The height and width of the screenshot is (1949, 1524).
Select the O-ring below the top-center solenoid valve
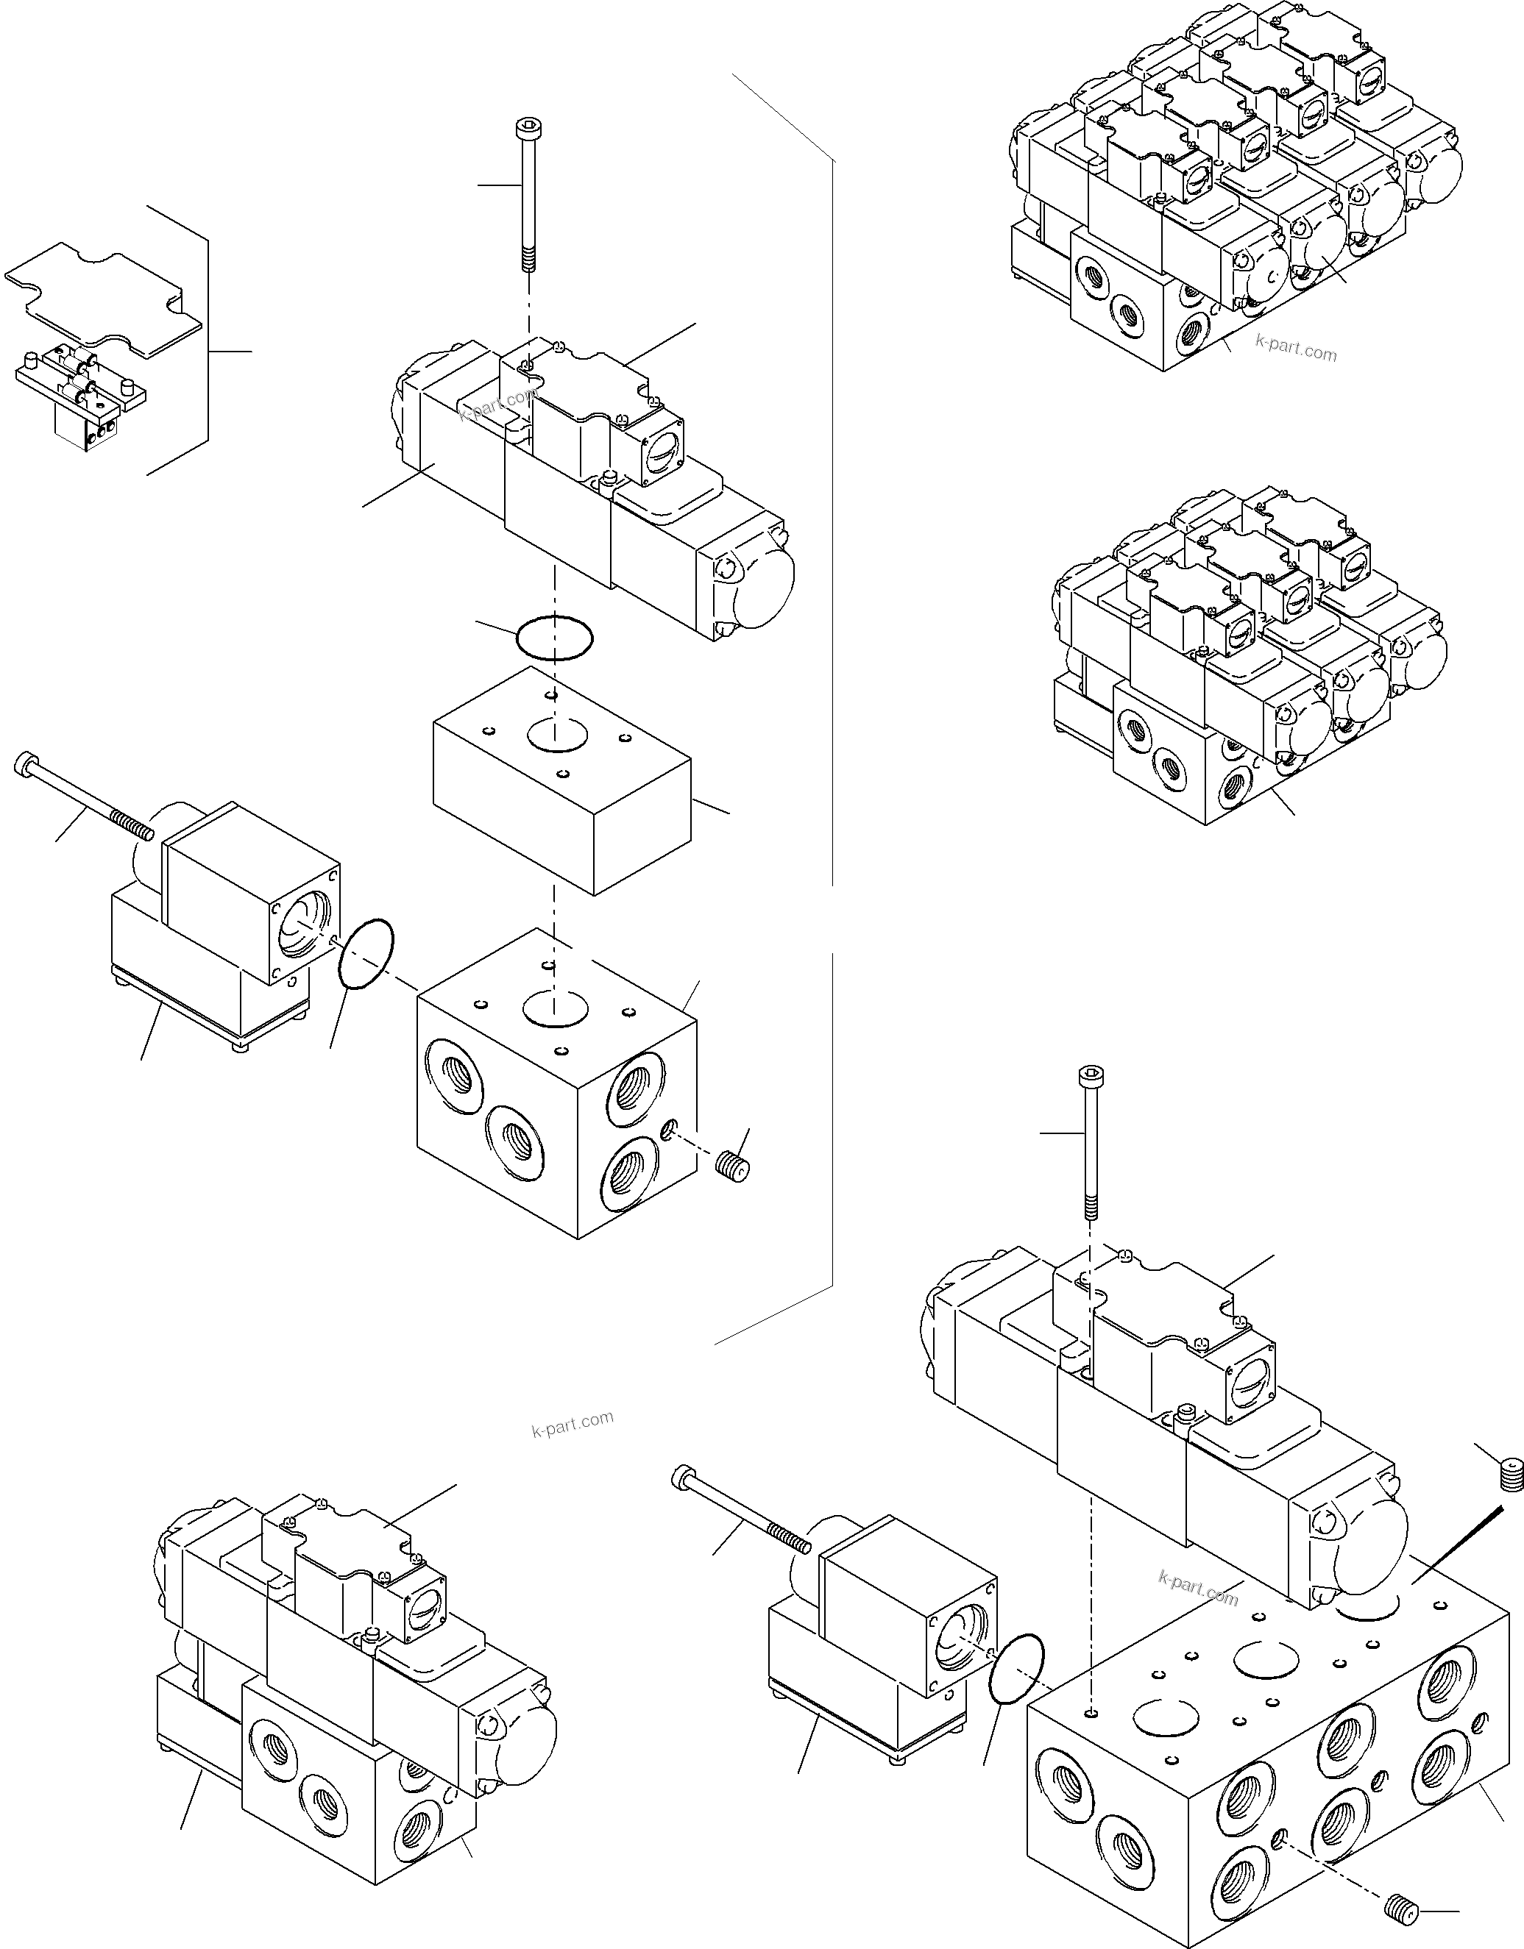pos(553,639)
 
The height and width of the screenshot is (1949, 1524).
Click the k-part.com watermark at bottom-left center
pos(573,1425)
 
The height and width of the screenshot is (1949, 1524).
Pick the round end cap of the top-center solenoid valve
pos(759,585)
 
